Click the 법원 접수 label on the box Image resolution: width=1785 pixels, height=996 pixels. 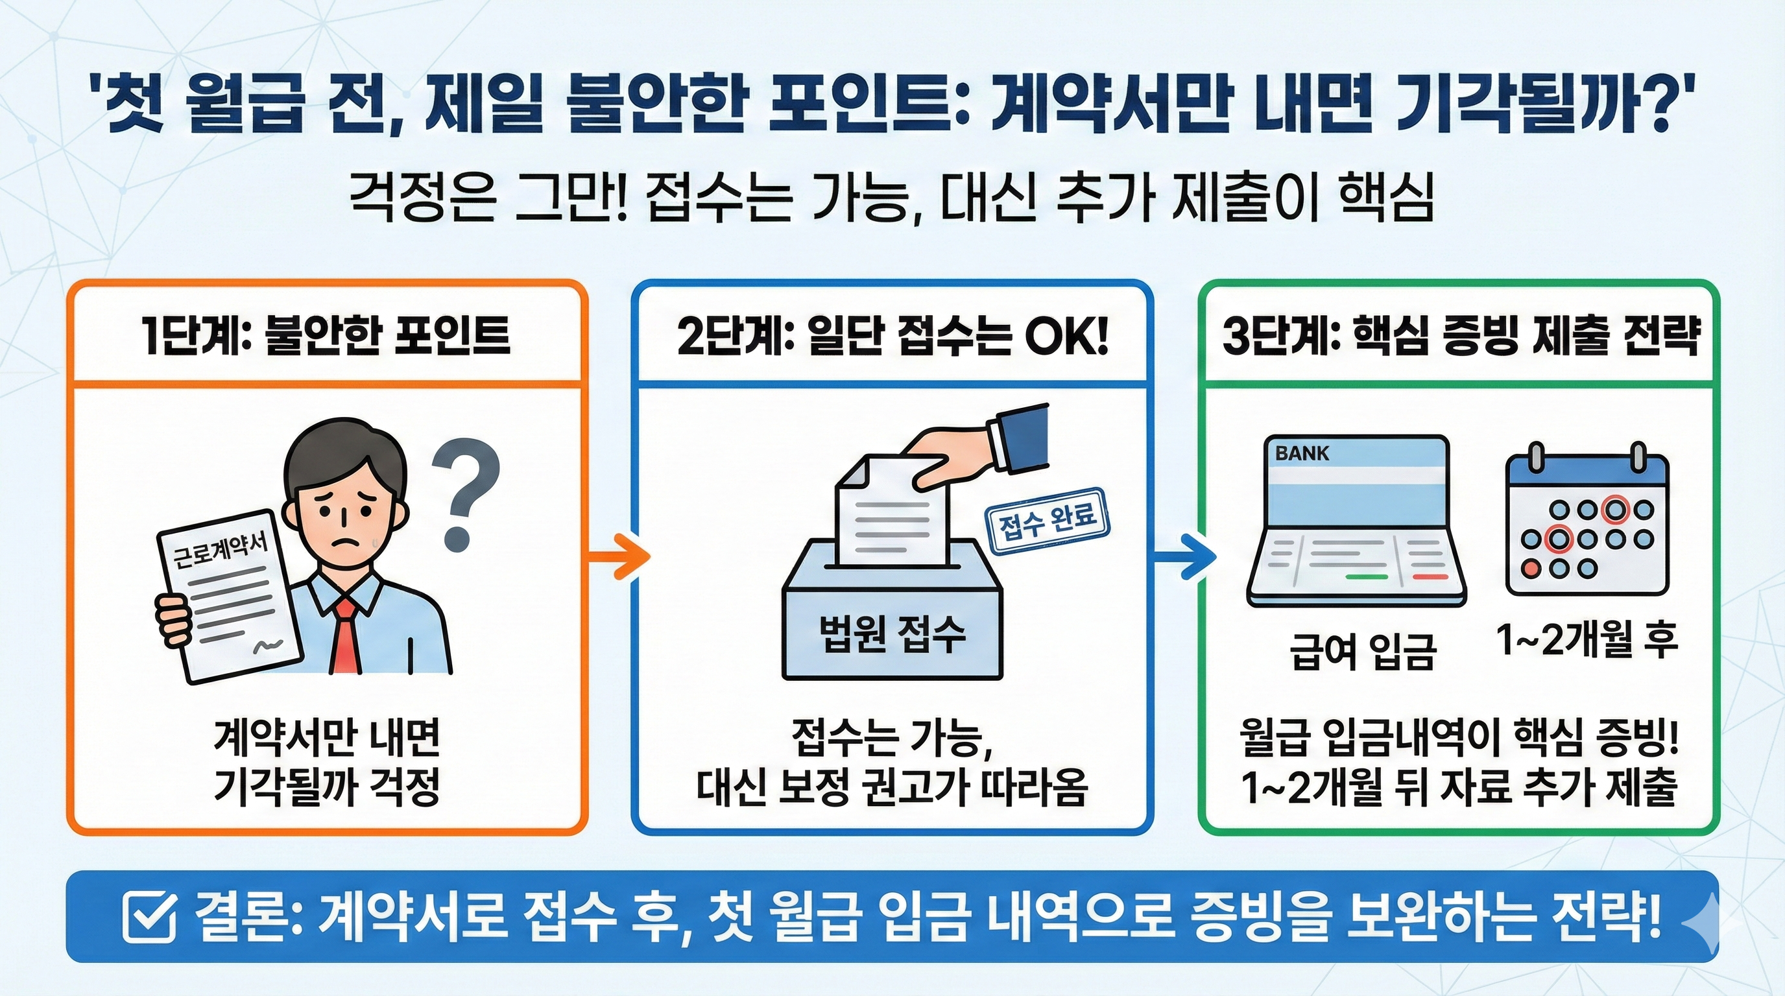coord(892,634)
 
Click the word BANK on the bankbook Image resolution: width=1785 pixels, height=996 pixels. coord(1301,454)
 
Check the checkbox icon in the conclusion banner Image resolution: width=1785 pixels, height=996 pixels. coord(148,916)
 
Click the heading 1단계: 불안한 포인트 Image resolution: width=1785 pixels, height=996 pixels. coord(326,336)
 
